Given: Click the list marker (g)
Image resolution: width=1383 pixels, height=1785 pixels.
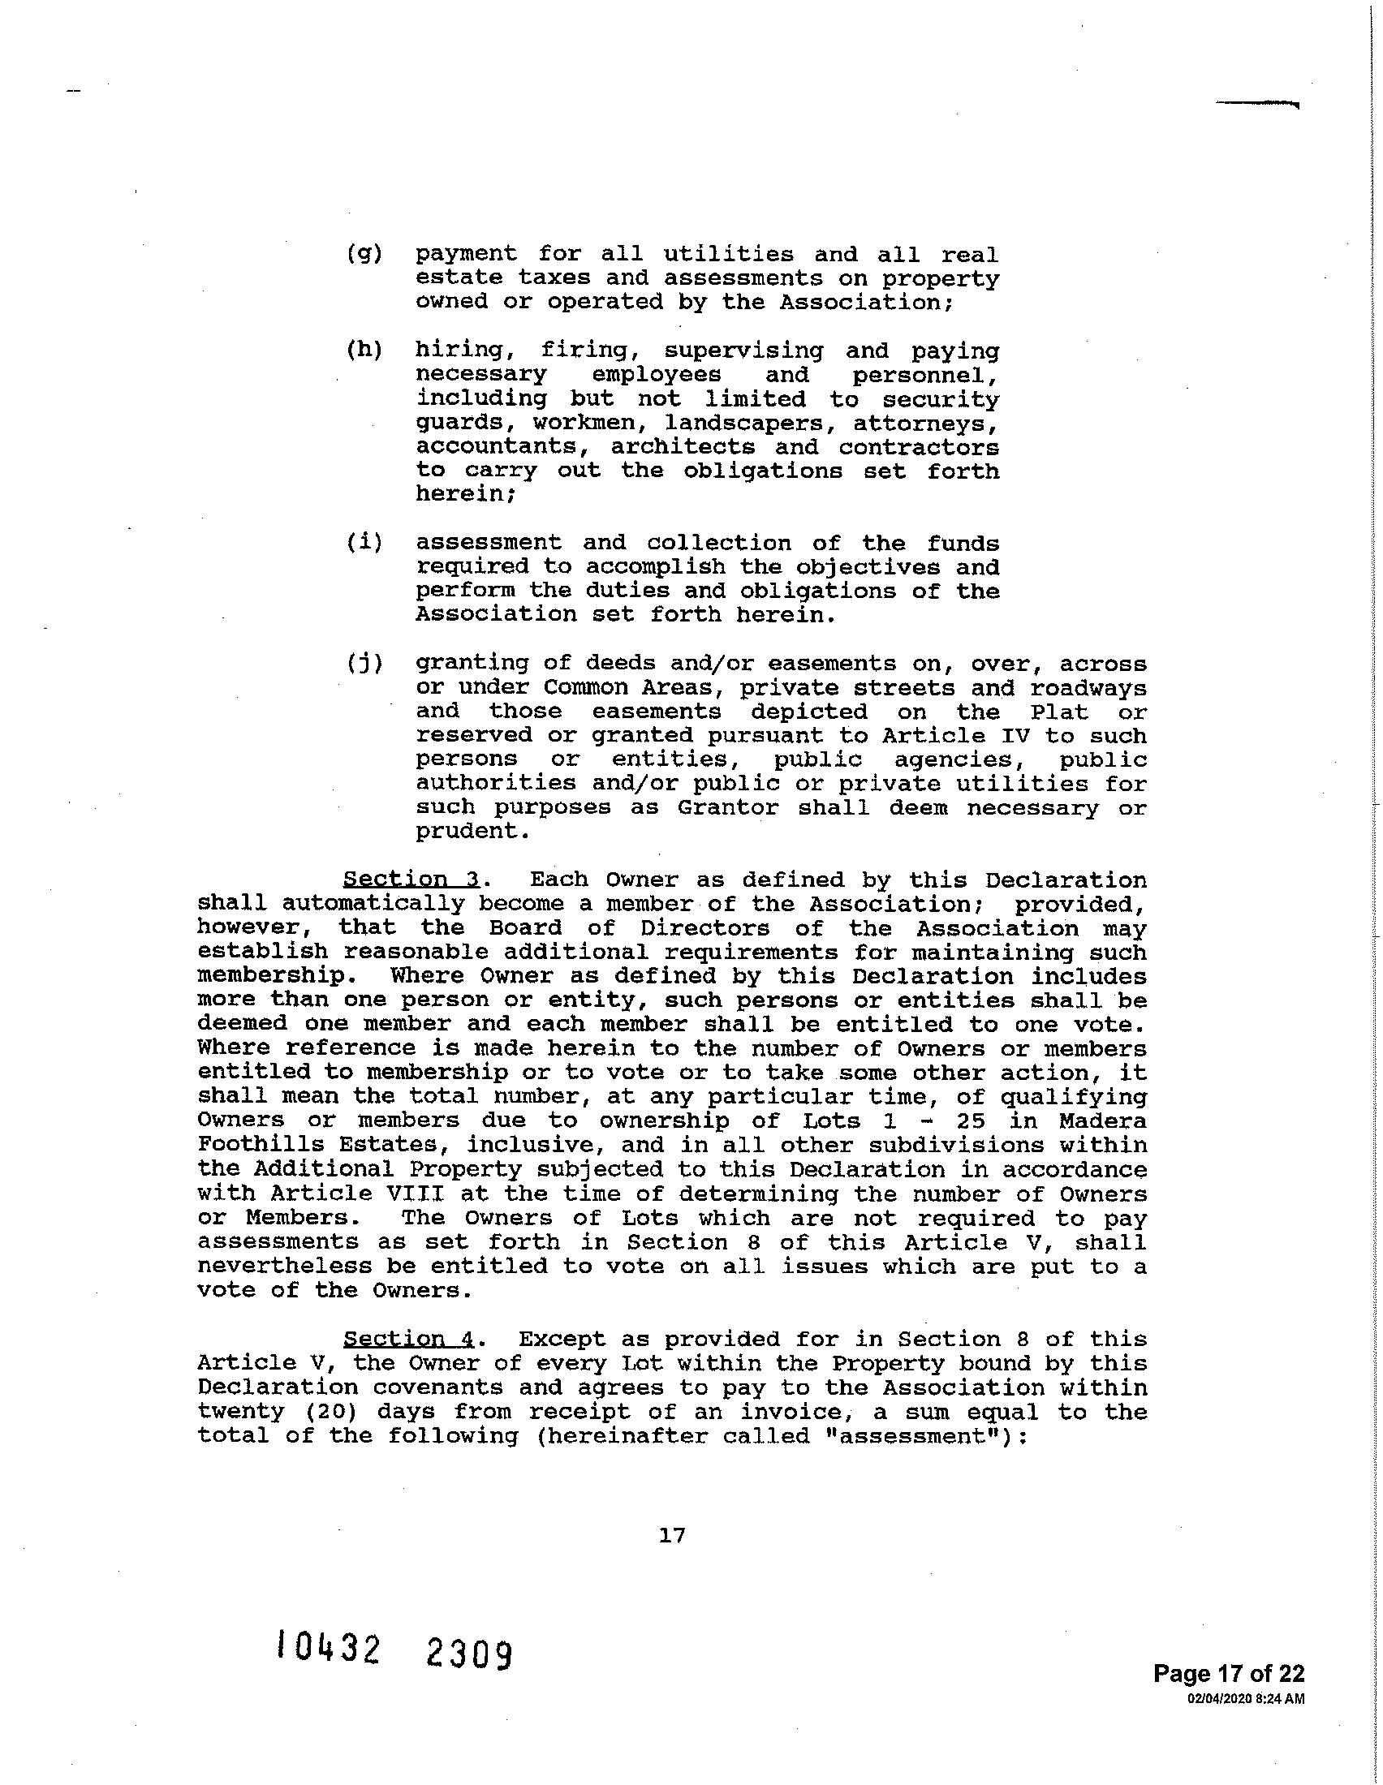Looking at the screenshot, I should [364, 255].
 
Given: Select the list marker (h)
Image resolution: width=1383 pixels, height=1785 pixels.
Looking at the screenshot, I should [364, 351].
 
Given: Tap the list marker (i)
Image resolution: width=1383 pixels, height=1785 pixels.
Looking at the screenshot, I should [364, 544].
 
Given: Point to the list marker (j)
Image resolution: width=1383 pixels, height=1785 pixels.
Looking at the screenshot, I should [364, 663].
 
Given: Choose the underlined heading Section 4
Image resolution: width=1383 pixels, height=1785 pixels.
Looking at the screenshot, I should [410, 1340].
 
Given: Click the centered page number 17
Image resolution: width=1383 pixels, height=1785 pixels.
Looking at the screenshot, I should [672, 1536].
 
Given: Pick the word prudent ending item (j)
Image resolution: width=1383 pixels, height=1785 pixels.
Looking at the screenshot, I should [467, 832].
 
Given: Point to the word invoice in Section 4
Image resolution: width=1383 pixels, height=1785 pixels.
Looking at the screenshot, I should [796, 1413].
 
